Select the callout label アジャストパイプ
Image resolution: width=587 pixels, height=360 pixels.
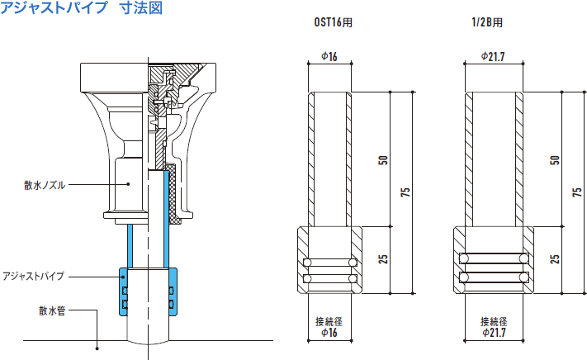tap(34, 276)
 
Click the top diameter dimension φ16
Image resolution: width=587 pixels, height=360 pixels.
tap(329, 57)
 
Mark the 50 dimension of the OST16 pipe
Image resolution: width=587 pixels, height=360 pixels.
tap(383, 159)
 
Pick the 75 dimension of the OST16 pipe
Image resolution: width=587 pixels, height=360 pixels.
tap(405, 192)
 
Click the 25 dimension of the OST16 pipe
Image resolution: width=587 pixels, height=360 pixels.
tap(383, 258)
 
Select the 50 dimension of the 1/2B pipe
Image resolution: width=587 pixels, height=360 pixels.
tap(555, 159)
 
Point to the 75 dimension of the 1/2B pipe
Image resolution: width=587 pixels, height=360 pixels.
tap(576, 192)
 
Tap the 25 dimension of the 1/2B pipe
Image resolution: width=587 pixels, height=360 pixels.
tap(555, 258)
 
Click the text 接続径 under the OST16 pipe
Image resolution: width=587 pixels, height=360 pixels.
tap(329, 321)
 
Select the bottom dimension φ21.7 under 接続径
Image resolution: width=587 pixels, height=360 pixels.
tap(493, 333)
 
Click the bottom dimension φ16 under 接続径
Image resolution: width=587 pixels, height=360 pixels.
tap(329, 333)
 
